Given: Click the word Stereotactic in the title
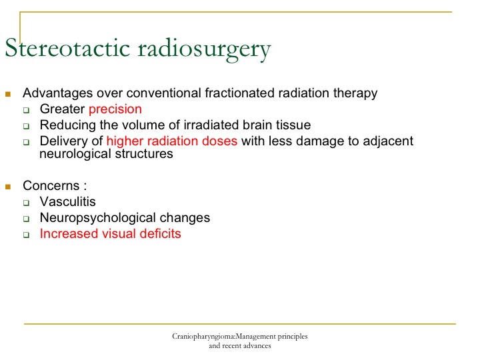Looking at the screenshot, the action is coord(67,48).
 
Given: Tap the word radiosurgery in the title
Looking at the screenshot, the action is coord(205,49).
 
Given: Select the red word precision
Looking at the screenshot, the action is coord(115,109).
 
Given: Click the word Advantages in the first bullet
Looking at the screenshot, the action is coord(57,93).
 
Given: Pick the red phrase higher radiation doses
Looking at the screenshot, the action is coord(172,141).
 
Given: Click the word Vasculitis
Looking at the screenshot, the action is coord(67,202).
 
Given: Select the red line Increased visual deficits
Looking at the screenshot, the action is coord(111,234).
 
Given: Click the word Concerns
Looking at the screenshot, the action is coord(51,186).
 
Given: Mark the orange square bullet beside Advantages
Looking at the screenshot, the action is coord(8,94).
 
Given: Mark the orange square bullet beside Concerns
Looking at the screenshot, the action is coord(8,187).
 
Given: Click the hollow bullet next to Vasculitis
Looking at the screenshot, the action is coord(26,203).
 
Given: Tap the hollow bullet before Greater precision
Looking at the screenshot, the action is coord(26,110).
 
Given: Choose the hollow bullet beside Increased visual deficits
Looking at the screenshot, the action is coord(26,235).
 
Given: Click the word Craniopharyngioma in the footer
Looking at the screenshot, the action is coord(203,337).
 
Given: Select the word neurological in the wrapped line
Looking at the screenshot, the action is coord(75,154).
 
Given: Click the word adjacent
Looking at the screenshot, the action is coord(388,141).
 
